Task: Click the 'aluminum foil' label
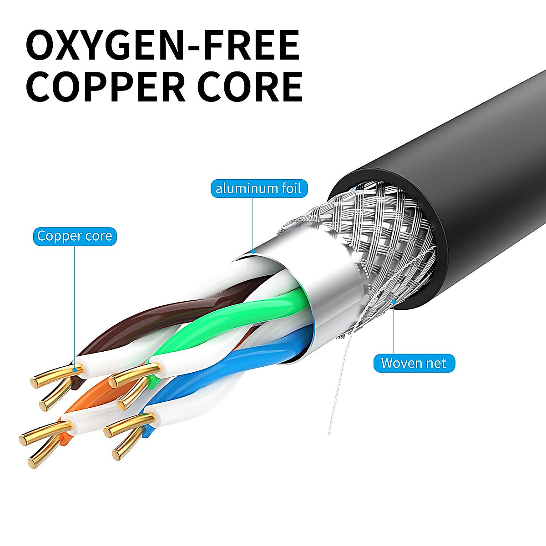[x=258, y=188]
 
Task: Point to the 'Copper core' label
[x=75, y=236]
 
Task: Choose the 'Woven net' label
[x=414, y=363]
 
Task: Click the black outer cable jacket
[x=478, y=191]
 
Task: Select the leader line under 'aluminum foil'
[x=253, y=223]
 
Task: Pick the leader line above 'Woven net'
[x=394, y=328]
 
